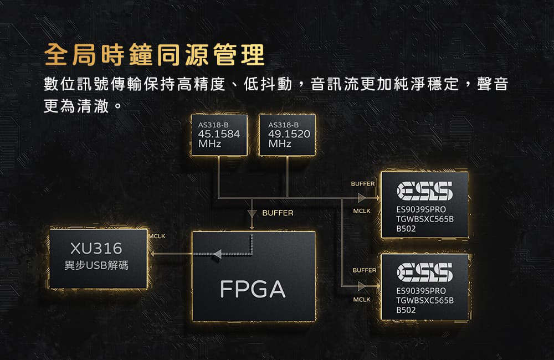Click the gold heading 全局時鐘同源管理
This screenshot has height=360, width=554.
click(x=155, y=55)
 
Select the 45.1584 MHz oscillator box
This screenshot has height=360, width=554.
click(x=219, y=135)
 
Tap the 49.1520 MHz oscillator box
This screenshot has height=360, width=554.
click(x=287, y=135)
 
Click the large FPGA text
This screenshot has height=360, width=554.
click(x=253, y=289)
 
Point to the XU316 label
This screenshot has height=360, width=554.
click(x=96, y=248)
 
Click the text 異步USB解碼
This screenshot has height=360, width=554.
click(x=96, y=265)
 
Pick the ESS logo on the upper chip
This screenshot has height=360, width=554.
click(x=424, y=191)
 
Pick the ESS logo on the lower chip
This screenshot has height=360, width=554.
click(x=424, y=272)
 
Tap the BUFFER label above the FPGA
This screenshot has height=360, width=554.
click(x=278, y=213)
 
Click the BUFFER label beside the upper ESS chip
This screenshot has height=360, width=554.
click(x=362, y=184)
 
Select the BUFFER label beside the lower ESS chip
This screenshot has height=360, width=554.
click(x=365, y=270)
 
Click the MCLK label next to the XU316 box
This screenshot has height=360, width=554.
click(x=157, y=236)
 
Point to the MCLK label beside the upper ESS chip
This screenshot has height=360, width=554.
click(x=362, y=211)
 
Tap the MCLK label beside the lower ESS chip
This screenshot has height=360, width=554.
click(x=362, y=300)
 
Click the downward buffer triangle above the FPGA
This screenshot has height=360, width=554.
click(x=252, y=214)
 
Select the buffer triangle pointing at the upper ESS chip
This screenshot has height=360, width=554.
click(x=362, y=198)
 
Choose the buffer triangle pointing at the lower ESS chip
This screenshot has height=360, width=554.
click(x=362, y=286)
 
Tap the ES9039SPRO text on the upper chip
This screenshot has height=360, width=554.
click(x=421, y=209)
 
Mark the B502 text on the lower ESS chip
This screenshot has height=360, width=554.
click(x=406, y=310)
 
